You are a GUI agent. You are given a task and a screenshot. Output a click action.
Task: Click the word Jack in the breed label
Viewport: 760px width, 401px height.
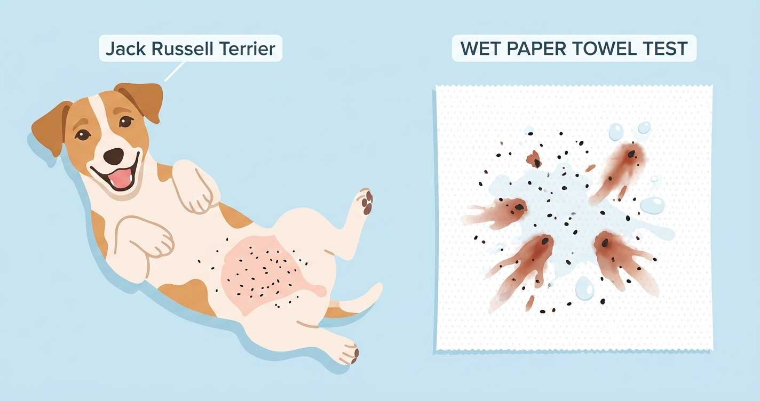(122, 49)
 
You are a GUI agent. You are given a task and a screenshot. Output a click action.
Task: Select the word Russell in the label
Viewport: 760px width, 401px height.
(177, 49)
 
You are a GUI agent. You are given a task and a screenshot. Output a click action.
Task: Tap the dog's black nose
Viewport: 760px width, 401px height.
(114, 156)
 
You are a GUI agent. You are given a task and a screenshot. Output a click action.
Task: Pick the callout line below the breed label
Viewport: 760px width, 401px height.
(175, 71)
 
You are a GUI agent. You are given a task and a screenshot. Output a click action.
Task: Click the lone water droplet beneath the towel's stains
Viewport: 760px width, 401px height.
(584, 288)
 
